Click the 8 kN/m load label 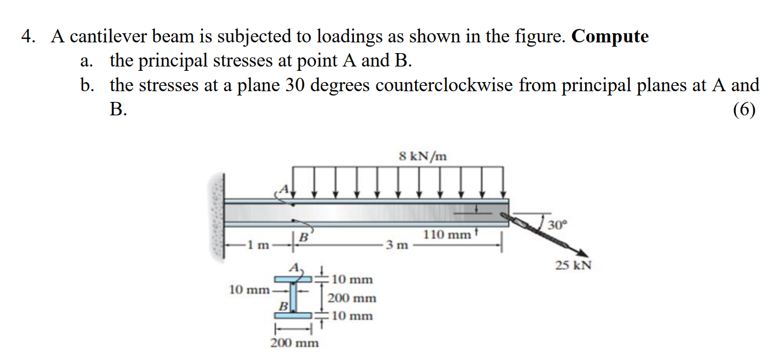coord(423,156)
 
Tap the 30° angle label coord(557,224)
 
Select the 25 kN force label coord(573,265)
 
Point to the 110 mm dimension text coord(446,234)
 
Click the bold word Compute coord(610,36)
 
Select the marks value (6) coord(744,109)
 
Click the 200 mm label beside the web coord(352,298)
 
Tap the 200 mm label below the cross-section coord(294,342)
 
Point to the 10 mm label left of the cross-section coord(249,290)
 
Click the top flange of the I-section coord(293,279)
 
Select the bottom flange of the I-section coord(293,315)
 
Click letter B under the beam coord(303,236)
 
